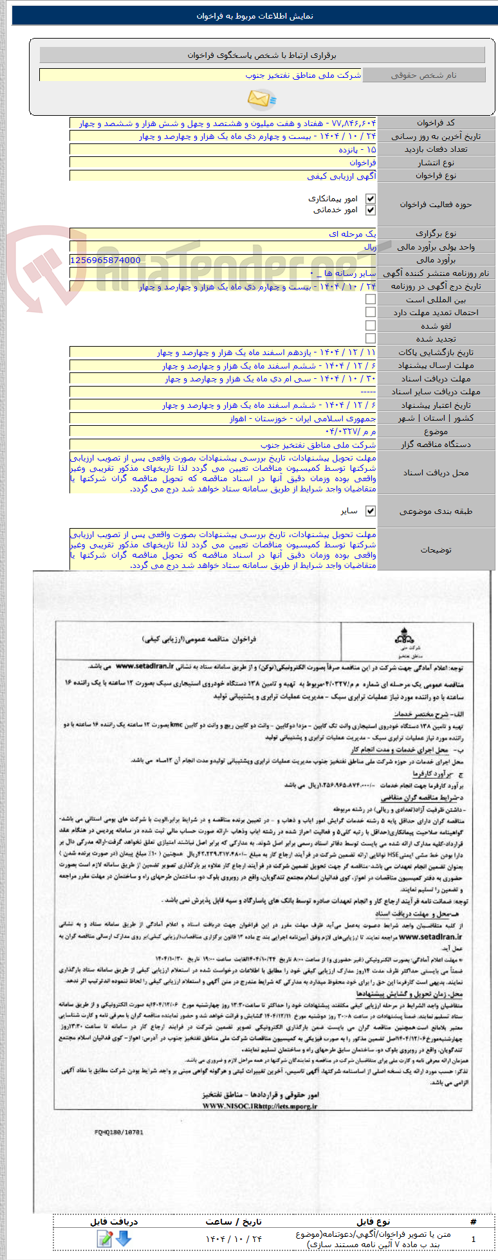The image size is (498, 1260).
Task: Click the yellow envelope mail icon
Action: click(x=261, y=98)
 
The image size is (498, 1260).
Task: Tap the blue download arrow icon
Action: click(x=124, y=1238)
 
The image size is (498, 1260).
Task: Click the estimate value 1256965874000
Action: click(x=106, y=260)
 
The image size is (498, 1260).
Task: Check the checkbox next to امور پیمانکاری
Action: click(x=370, y=199)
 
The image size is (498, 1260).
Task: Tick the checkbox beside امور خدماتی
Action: click(x=370, y=210)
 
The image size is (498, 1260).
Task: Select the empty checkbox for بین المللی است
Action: click(x=370, y=300)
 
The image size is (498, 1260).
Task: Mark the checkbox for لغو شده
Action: click(x=370, y=326)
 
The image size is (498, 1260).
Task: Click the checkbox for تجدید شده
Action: click(x=370, y=339)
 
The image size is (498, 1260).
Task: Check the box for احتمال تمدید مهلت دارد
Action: click(x=370, y=313)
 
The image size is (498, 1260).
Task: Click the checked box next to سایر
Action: click(x=370, y=511)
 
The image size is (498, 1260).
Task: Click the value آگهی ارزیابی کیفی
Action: click(x=342, y=176)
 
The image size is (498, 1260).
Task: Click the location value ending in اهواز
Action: click(x=303, y=419)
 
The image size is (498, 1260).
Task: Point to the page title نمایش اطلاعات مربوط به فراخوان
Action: click(x=255, y=16)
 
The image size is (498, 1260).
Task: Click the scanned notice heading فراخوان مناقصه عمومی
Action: click(x=199, y=639)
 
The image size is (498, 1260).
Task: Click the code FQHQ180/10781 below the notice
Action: click(x=118, y=1133)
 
